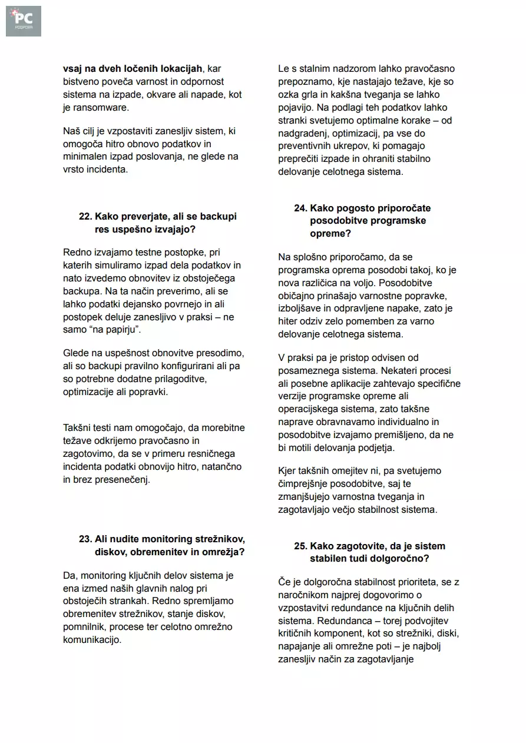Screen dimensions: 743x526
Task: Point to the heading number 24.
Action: point(300,208)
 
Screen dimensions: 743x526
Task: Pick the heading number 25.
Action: point(300,546)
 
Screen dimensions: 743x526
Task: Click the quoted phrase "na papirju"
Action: point(117,330)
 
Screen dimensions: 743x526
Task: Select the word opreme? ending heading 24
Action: point(330,234)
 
